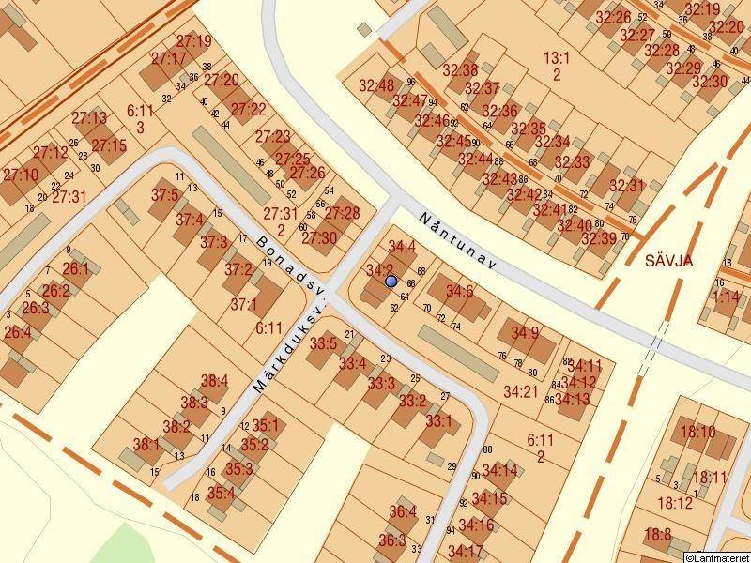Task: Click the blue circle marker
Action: tap(391, 281)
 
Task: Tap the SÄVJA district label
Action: tap(668, 261)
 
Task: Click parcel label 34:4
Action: tap(402, 247)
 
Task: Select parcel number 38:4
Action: tap(215, 381)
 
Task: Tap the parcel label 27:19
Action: tap(193, 41)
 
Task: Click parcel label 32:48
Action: tap(376, 85)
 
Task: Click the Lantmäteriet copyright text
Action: tap(716, 556)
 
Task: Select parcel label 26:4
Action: tap(17, 332)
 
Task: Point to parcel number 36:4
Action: tap(402, 511)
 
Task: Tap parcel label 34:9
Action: tap(525, 332)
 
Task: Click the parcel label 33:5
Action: tap(323, 343)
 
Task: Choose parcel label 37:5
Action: tap(164, 195)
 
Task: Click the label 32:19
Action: tap(702, 9)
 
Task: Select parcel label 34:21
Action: tap(520, 389)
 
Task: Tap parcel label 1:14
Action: tap(726, 296)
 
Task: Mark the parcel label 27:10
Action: tap(20, 175)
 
